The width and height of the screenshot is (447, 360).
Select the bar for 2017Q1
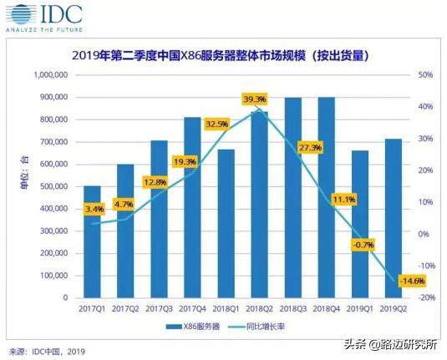(92, 241)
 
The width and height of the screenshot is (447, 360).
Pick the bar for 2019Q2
(393, 218)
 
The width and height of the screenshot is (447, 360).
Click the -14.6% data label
(389, 281)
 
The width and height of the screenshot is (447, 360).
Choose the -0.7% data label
(358, 245)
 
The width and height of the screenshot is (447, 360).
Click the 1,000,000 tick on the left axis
(48, 75)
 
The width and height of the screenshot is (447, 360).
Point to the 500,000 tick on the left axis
(51, 186)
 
